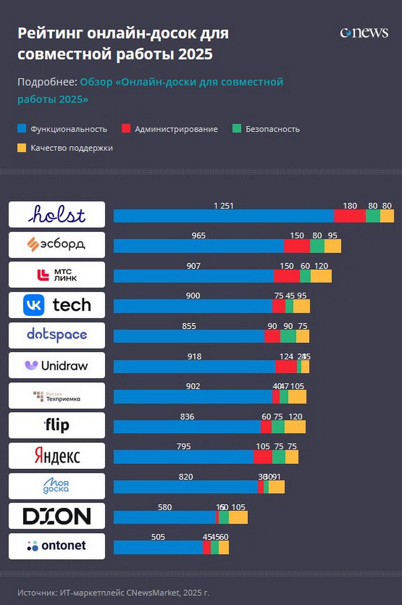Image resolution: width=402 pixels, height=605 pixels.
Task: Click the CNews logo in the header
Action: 364,33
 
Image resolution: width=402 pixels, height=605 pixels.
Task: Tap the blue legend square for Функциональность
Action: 22,129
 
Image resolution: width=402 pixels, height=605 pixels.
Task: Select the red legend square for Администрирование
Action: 126,129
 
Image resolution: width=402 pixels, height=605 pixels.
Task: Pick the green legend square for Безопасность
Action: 237,129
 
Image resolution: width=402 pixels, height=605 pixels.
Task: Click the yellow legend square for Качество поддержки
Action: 22,148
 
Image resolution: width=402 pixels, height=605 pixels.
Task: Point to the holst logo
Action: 57,215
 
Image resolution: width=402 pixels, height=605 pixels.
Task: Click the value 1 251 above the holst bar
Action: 224,206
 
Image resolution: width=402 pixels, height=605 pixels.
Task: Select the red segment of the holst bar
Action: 350,216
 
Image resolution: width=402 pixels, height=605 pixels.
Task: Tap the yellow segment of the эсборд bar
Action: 333,246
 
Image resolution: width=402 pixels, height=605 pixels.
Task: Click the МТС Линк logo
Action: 57,275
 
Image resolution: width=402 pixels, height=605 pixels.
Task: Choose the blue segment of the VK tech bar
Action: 193,307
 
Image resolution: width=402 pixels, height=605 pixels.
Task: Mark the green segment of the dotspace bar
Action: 288,337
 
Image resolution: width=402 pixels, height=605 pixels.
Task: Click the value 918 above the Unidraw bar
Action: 194,356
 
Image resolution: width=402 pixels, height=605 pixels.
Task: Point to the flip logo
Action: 57,426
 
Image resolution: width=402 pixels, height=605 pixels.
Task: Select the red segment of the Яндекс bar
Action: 262,457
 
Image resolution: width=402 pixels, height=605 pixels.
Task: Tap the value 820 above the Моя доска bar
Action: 186,477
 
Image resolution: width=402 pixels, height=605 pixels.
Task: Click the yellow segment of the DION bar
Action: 238,518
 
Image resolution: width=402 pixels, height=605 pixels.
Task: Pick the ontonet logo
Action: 57,546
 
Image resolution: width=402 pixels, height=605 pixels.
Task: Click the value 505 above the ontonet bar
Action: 158,537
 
